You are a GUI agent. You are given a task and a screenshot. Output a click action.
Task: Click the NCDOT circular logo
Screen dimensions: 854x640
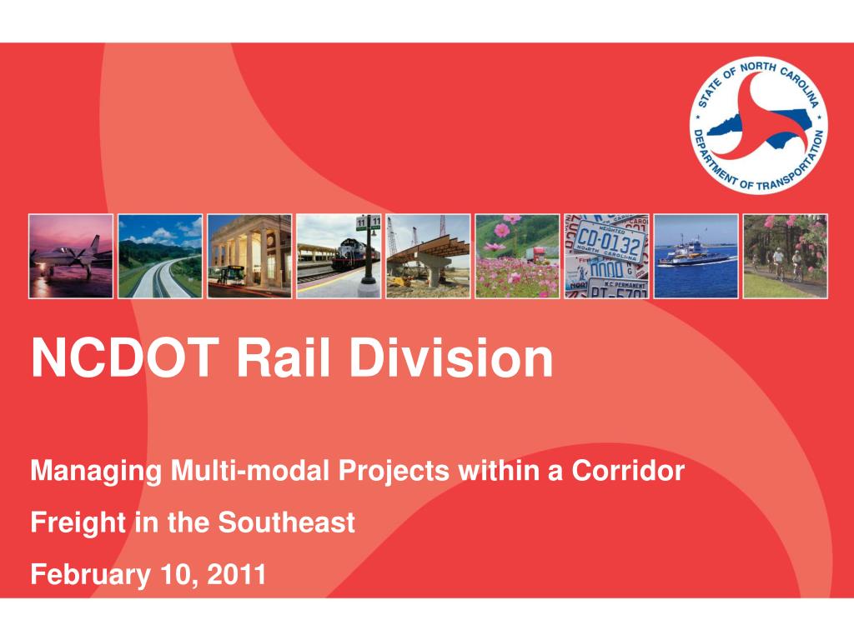pyautogui.click(x=759, y=126)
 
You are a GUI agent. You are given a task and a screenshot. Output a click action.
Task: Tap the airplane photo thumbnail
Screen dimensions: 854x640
pyautogui.click(x=71, y=257)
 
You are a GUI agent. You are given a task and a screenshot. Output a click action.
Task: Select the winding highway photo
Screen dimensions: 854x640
pyautogui.click(x=160, y=257)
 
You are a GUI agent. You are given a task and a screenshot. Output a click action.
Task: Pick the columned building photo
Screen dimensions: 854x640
pyautogui.click(x=249, y=257)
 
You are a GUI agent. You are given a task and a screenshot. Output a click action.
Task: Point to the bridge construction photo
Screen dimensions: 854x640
pyautogui.click(x=428, y=257)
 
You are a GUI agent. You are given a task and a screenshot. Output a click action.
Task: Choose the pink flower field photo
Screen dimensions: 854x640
pyautogui.click(x=517, y=257)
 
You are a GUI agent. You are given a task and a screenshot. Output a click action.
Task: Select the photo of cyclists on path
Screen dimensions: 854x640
pyautogui.click(x=786, y=257)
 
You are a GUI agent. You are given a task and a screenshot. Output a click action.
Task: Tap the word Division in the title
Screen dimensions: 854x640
pyautogui.click(x=451, y=358)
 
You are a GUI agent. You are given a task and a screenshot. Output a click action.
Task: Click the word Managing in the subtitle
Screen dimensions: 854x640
pyautogui.click(x=96, y=472)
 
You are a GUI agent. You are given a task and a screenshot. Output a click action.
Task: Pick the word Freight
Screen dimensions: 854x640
pyautogui.click(x=78, y=523)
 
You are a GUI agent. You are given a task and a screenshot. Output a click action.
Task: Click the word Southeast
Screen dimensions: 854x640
pyautogui.click(x=287, y=522)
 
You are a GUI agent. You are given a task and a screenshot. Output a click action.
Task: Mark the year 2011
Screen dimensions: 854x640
pyautogui.click(x=236, y=575)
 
